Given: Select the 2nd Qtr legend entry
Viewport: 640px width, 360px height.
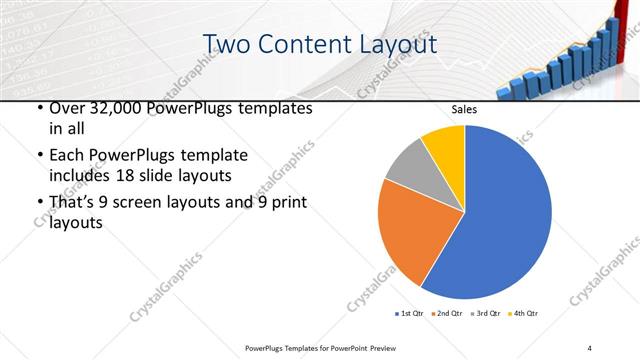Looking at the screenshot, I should point(447,314).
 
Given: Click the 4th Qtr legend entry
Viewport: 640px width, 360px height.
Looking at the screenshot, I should point(525,314).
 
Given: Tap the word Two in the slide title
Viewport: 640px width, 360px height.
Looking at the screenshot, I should point(227,45).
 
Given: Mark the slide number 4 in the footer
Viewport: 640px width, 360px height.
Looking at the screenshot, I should point(590,347).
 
